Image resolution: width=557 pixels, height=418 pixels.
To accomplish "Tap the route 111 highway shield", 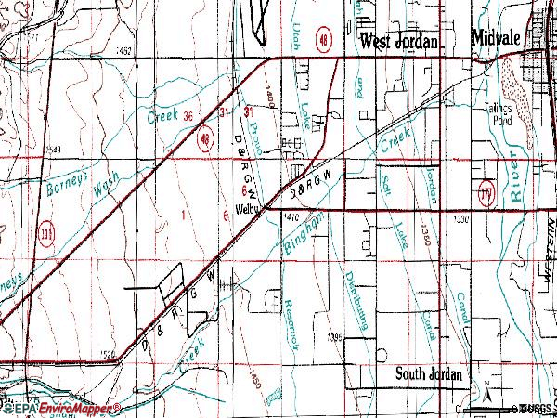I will [x=44, y=230].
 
